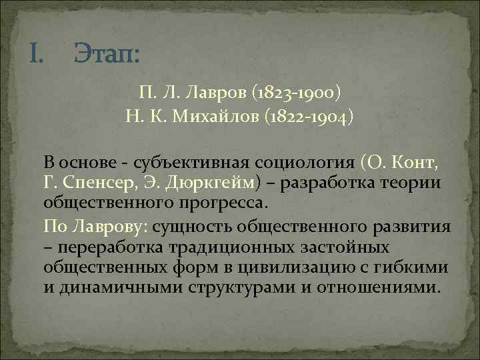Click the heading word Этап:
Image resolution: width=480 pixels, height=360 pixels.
[x=107, y=51]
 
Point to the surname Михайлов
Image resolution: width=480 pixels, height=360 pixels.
[x=220, y=118]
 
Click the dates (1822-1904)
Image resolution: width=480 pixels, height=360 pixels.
[x=311, y=118]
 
